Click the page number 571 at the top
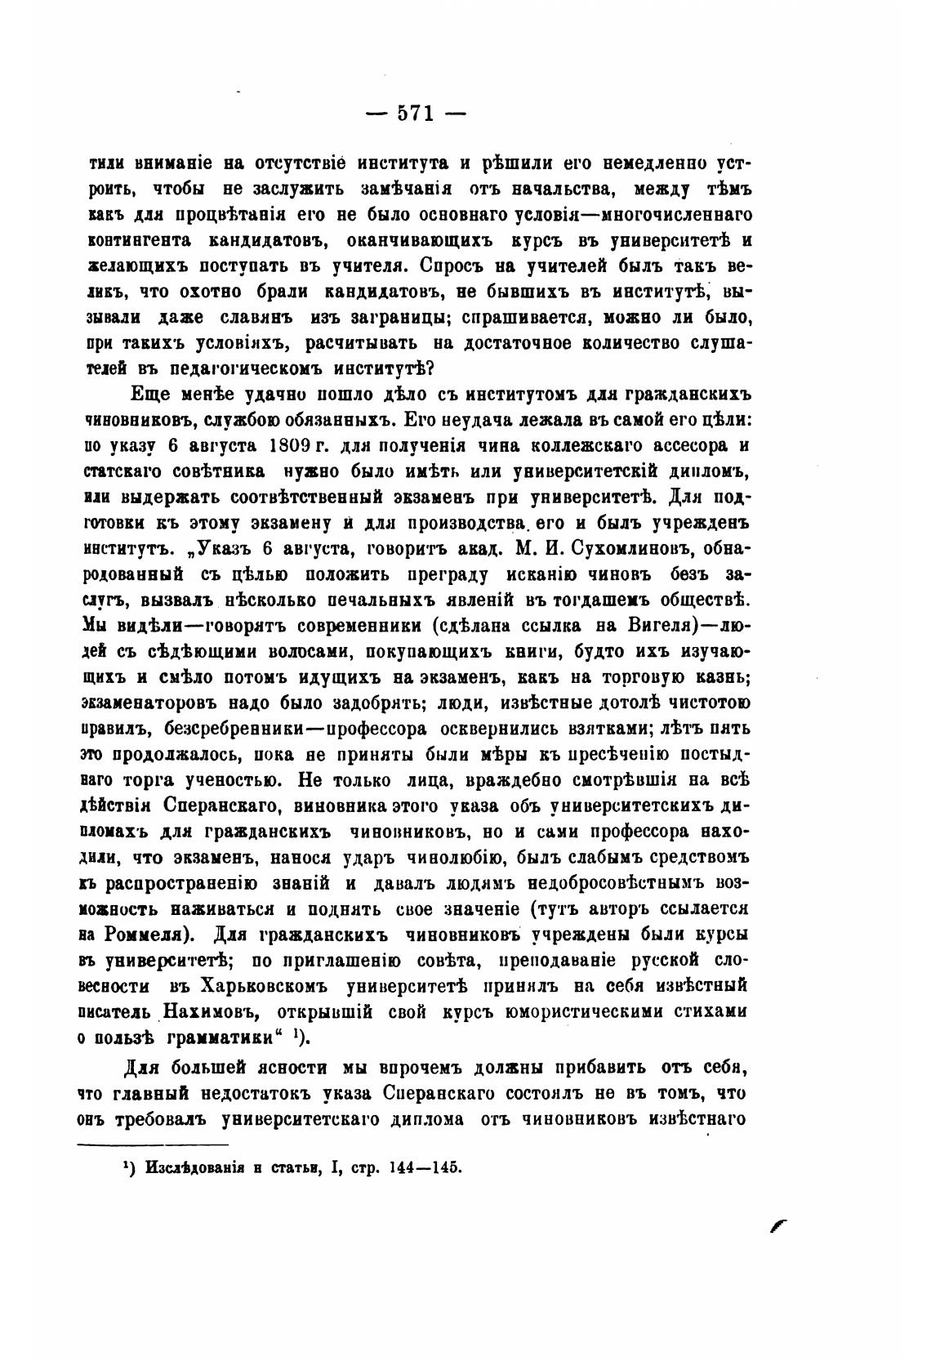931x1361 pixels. point(415,113)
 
